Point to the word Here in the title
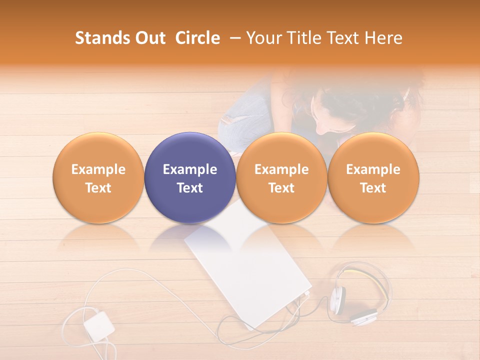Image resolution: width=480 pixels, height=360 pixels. coord(384,38)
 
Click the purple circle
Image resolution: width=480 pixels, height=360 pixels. coord(190,177)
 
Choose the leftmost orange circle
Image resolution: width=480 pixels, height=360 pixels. coord(98,177)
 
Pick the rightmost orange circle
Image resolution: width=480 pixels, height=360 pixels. coord(373,177)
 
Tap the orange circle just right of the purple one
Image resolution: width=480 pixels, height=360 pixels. coord(281,177)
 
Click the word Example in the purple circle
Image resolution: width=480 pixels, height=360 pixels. coord(190,169)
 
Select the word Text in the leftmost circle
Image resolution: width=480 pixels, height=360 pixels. coord(98,188)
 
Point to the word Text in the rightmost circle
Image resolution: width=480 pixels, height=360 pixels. coord(373,188)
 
